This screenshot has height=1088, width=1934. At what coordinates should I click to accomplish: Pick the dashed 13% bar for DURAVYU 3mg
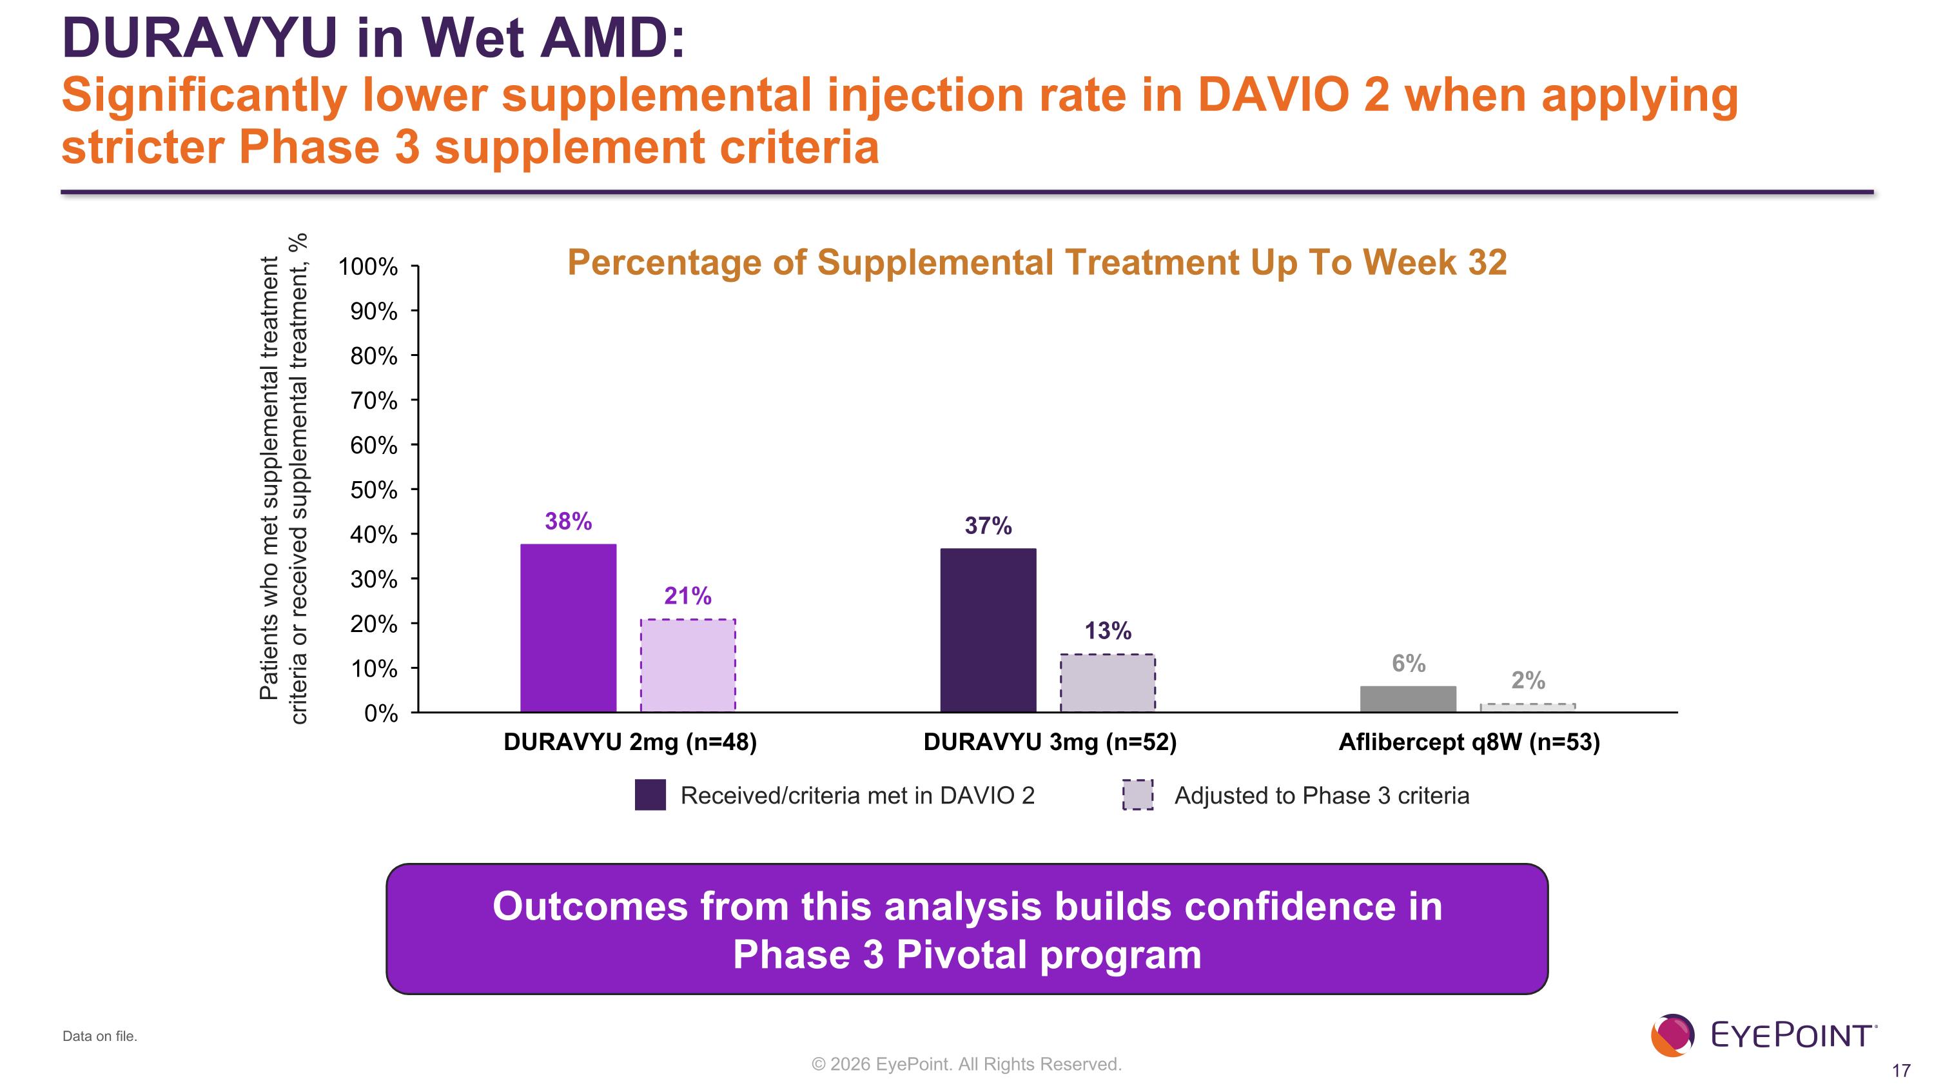tap(1107, 682)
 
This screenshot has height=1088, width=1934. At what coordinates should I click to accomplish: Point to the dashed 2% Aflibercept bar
tap(1527, 707)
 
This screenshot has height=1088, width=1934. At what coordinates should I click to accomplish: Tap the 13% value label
tap(1107, 631)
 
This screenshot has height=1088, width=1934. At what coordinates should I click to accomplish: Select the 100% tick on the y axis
tap(368, 266)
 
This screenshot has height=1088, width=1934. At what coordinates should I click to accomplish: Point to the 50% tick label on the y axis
tap(373, 490)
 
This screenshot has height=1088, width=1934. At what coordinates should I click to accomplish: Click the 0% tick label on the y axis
tap(380, 713)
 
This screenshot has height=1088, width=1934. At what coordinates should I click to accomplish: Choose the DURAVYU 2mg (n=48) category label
tap(629, 742)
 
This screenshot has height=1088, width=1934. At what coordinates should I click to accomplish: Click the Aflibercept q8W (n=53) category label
tap(1469, 742)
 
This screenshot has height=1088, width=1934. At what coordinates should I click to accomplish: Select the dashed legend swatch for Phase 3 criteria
tap(1137, 795)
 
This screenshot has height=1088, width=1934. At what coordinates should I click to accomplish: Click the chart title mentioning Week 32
tap(1036, 262)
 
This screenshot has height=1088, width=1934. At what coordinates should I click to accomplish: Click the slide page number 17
tap(1901, 1071)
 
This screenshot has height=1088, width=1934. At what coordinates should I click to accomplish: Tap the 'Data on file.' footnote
tap(100, 1036)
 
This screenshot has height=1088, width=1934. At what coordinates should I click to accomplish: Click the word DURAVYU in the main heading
tap(200, 37)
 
